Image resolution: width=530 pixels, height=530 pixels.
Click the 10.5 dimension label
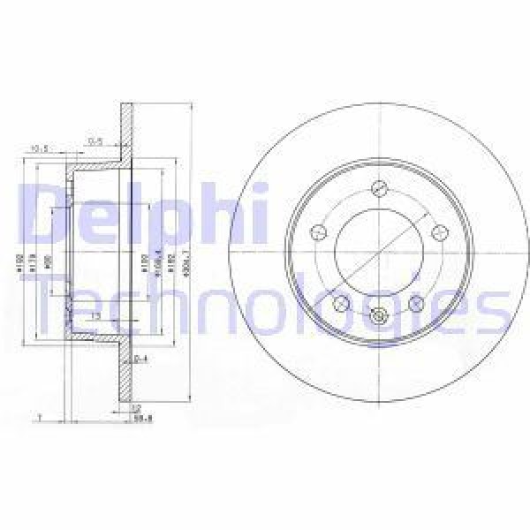[x=38, y=148]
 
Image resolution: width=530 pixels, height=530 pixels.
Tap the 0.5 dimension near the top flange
[x=94, y=140]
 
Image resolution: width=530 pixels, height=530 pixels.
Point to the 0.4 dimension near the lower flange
[x=139, y=358]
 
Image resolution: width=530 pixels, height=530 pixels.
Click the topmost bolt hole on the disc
[x=379, y=188]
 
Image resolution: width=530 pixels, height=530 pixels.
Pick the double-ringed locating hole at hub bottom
[x=379, y=318]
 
